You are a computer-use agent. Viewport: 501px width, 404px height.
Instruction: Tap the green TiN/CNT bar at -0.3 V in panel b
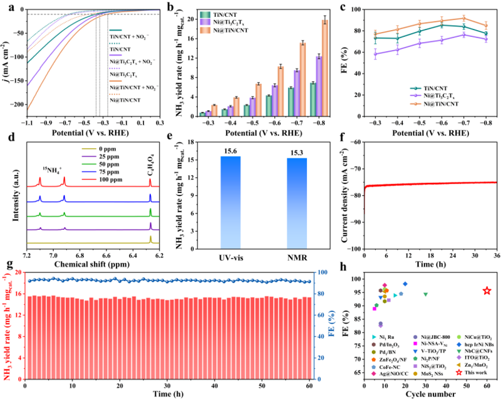pos(202,114)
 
